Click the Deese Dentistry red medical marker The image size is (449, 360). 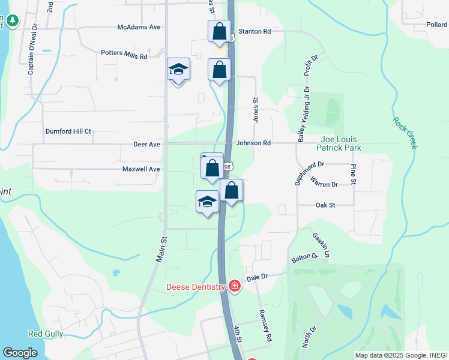234,287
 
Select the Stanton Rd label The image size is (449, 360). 255,31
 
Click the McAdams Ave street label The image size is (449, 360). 139,28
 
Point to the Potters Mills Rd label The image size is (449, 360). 124,55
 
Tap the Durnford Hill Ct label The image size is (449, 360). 68,131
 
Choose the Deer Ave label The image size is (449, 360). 146,145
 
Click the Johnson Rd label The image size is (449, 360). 253,143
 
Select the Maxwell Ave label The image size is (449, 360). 141,169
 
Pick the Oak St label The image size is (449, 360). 325,205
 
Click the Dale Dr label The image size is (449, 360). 256,277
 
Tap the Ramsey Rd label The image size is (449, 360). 265,326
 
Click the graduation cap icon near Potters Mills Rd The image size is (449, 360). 178,70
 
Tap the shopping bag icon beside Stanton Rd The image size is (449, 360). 219,30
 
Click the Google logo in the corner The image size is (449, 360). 20,353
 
